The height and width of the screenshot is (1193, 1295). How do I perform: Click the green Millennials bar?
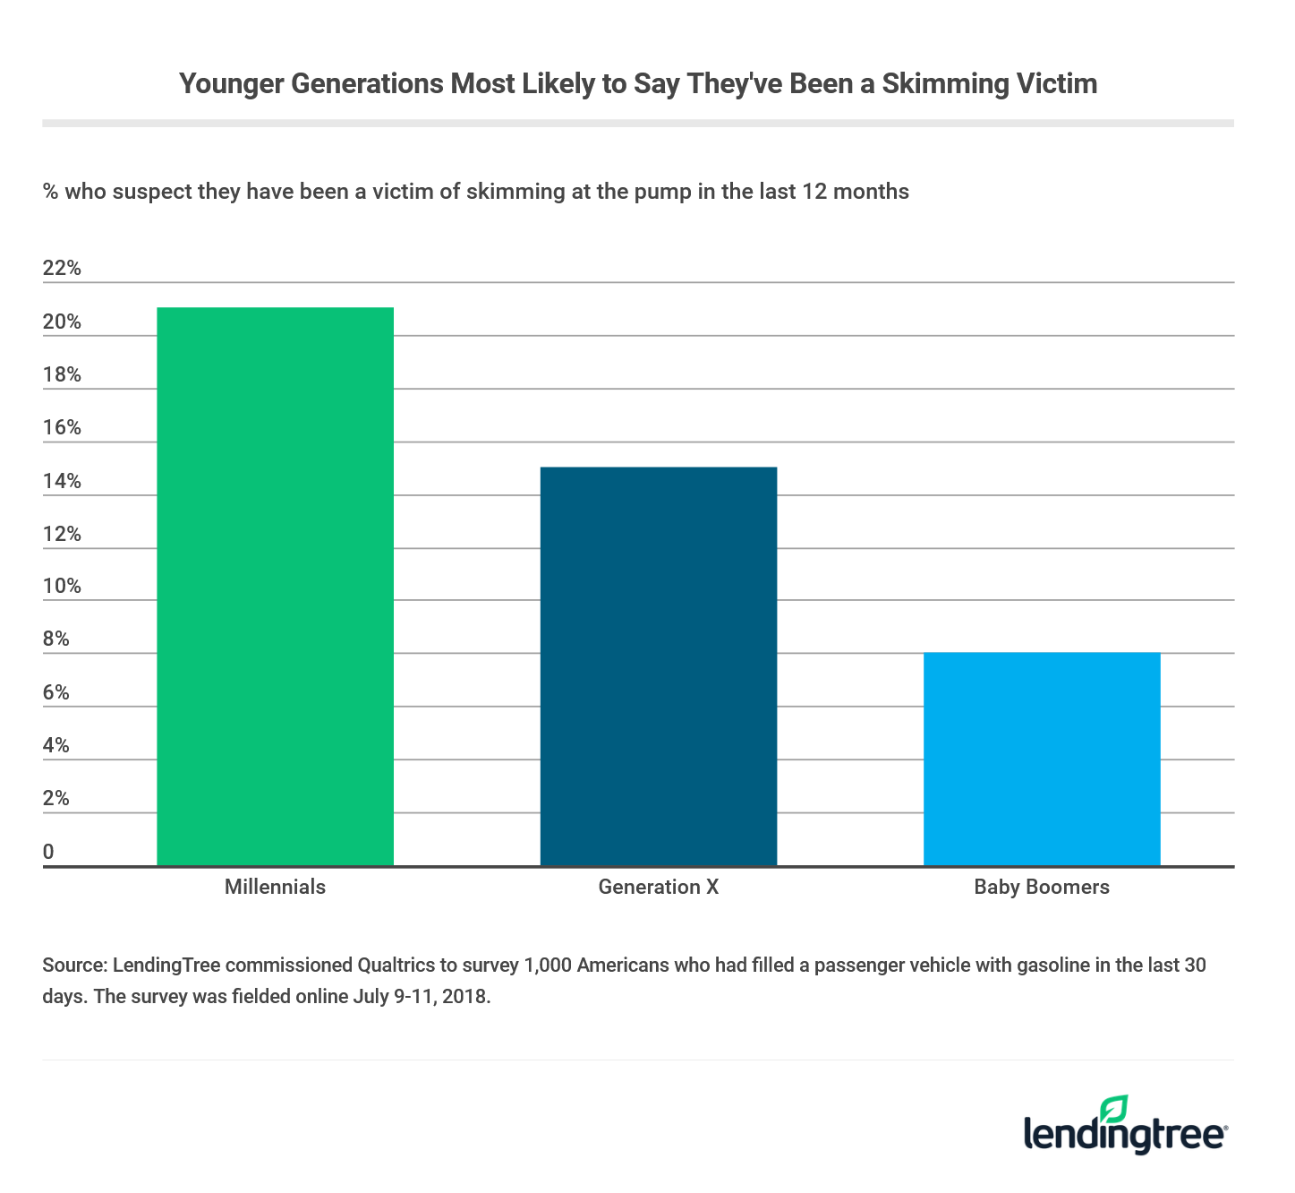tap(275, 587)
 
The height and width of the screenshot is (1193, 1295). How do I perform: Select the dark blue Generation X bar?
tap(659, 666)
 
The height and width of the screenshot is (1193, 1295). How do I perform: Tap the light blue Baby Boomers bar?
tap(1042, 759)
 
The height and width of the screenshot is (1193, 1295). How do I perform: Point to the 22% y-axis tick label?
tap(62, 268)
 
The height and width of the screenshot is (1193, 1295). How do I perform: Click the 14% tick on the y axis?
tap(62, 481)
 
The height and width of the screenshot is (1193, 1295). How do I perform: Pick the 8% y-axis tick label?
tap(56, 639)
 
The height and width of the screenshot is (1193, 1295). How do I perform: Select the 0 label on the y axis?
tap(48, 852)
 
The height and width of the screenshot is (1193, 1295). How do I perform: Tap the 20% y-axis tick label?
tap(62, 322)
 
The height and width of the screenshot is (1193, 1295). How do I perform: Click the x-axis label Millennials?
tap(275, 887)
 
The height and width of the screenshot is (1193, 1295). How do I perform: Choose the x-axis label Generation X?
tap(659, 887)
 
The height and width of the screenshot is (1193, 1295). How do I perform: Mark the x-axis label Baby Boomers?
tap(1042, 887)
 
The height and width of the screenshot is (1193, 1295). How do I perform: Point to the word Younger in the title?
tap(231, 83)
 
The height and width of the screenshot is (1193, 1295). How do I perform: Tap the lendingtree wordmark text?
tap(1124, 1135)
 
